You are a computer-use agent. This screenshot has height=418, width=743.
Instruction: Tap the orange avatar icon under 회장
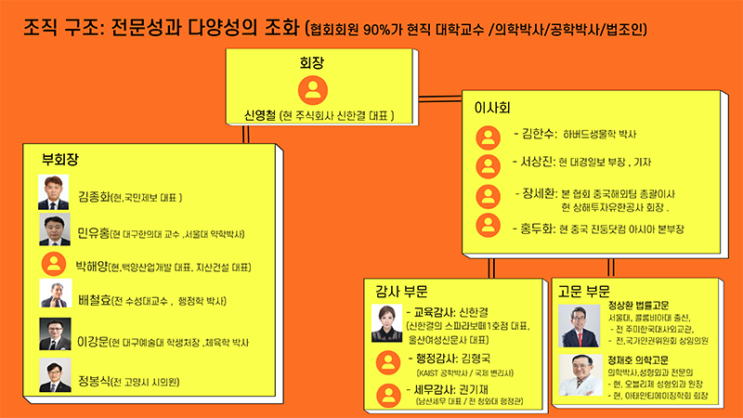point(315,90)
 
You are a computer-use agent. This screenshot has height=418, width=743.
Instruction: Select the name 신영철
point(251,116)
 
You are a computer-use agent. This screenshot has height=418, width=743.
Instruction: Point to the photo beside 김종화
point(54,192)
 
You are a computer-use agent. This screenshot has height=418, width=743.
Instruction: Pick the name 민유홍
point(96,231)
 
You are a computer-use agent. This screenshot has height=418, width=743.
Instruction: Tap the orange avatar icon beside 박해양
point(54,266)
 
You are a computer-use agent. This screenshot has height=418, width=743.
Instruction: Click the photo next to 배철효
point(54,295)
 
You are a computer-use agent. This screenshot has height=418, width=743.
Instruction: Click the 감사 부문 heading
point(396,291)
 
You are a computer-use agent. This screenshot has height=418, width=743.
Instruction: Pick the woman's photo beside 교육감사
point(387,325)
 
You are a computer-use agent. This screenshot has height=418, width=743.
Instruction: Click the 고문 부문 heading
point(584,291)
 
